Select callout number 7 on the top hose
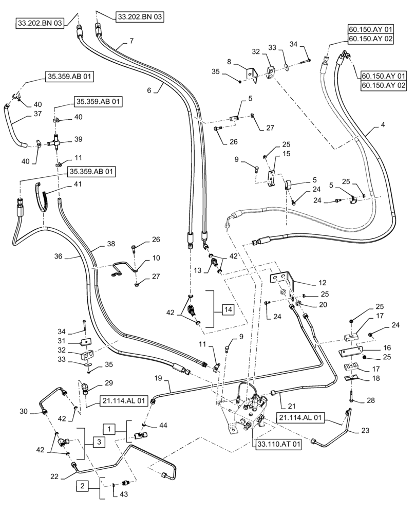point(132,41)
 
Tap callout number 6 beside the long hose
point(149,89)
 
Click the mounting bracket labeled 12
point(282,280)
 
